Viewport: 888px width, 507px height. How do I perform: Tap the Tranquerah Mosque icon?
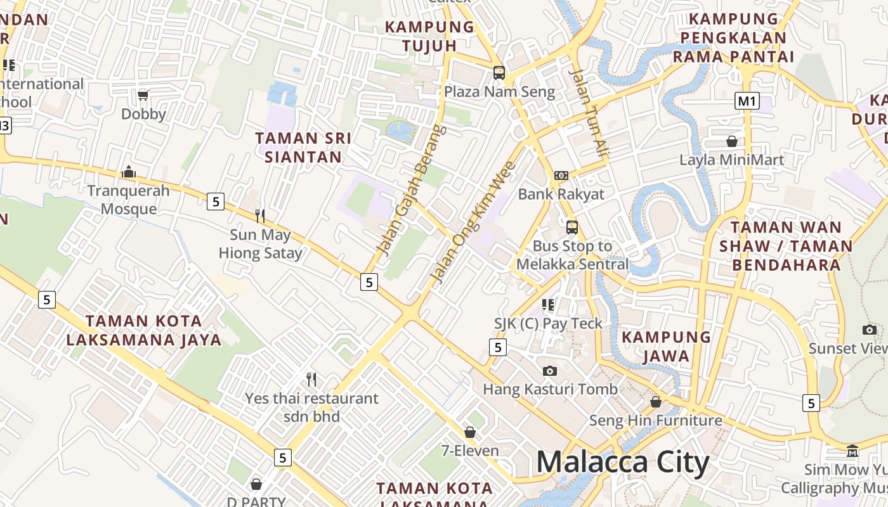pos(129,172)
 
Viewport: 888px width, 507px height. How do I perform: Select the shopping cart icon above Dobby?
pos(143,95)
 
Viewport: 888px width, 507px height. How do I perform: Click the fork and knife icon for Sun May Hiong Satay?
pos(260,216)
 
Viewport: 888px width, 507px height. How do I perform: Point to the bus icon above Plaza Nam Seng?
pos(499,73)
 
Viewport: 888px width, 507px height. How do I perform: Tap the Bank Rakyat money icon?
pos(561,175)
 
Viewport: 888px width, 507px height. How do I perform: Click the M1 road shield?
pos(747,101)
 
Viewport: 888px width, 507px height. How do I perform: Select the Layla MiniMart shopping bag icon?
pos(732,141)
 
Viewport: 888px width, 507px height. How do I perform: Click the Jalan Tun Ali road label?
pos(589,112)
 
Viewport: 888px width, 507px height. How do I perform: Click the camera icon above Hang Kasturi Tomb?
pos(550,371)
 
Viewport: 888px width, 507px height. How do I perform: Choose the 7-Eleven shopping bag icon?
pos(470,432)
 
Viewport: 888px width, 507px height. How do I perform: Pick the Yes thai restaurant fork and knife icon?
pos(311,380)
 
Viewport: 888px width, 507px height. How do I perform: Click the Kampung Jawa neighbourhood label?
pos(666,346)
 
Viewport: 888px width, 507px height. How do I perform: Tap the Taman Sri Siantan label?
pos(303,147)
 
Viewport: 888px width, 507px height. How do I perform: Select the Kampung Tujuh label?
pos(429,36)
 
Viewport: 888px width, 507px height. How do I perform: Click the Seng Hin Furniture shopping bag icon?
pos(656,402)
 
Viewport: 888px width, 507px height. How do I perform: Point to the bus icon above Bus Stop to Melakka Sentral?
pos(572,227)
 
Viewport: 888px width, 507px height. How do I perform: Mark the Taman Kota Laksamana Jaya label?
pos(144,330)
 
